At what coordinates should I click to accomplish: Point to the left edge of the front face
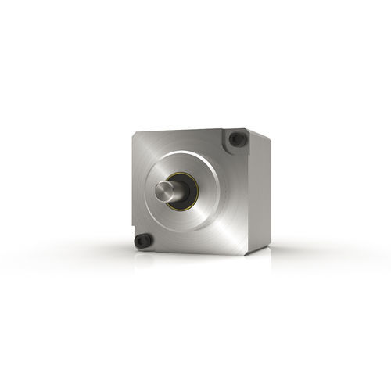click(x=131, y=188)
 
